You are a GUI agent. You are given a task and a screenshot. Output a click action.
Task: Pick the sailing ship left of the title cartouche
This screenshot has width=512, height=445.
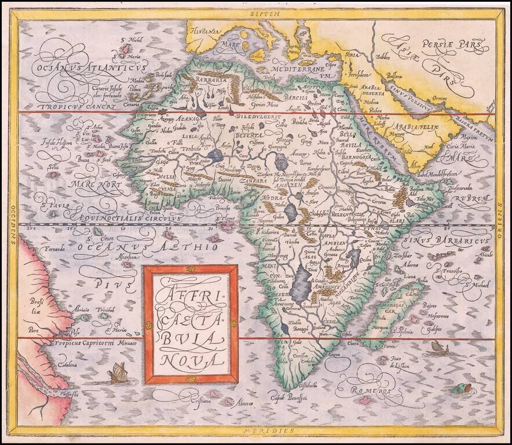point(117,371)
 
